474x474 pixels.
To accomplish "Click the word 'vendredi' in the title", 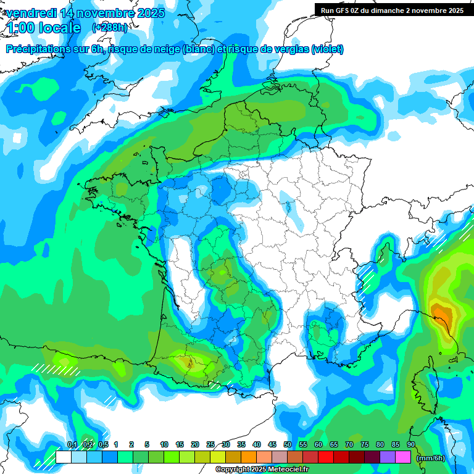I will [30, 13].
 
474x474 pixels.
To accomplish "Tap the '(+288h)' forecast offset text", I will [109, 27].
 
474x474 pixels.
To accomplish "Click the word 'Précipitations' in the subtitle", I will [38, 49].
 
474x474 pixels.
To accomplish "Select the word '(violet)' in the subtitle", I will [327, 49].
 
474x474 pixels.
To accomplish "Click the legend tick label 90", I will [411, 445].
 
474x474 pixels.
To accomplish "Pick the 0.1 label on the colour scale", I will [72, 445].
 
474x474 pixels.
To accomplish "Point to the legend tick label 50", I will [288, 445].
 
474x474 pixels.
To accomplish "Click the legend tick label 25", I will [210, 445].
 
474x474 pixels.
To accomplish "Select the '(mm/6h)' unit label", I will [431, 458].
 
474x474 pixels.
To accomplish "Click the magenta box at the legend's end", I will [403, 457].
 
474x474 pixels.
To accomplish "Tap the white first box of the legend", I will [63, 457].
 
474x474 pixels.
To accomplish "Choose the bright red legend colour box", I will [326, 457].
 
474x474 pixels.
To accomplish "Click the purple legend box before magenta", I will [388, 457].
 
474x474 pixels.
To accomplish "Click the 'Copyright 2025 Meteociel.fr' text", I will [262, 470].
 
